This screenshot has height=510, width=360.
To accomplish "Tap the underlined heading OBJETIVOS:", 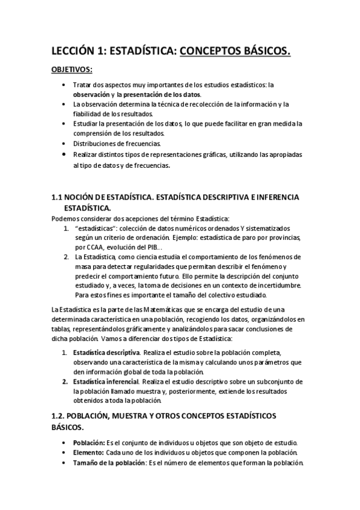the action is point(71,70).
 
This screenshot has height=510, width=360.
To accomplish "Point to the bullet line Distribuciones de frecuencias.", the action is point(109,144).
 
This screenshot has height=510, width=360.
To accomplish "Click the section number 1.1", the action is point(58,198).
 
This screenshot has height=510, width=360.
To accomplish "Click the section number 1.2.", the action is point(59,416).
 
